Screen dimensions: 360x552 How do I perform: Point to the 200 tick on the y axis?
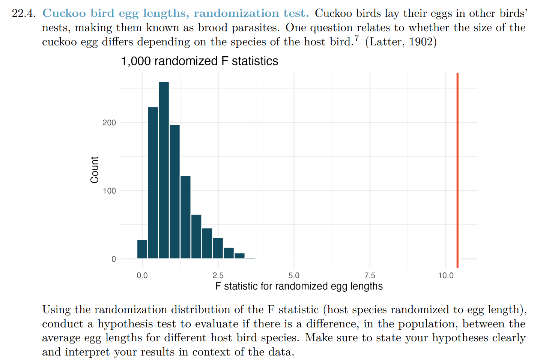coord(109,123)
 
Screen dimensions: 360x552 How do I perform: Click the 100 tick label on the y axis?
coord(109,191)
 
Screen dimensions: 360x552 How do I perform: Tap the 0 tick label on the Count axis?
coord(114,259)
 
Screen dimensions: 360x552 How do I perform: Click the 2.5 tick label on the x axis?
coord(218,276)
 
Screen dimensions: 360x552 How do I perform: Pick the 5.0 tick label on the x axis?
coord(294,276)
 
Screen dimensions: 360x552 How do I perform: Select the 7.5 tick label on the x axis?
coord(370,276)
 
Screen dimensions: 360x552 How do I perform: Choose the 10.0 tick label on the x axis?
coord(446,276)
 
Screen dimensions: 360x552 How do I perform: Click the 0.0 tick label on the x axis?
coord(142,276)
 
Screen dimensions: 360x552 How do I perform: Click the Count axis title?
coord(95,169)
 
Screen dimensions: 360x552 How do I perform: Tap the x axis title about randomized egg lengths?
coord(299,286)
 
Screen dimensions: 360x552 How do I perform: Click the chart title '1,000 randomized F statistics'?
coord(199,61)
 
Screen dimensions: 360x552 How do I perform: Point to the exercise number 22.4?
coord(24,13)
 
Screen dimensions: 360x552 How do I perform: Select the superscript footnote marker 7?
coord(356,38)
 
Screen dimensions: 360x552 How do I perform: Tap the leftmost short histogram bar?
coord(142,249)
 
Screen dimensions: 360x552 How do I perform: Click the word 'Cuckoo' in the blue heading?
coord(64,13)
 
